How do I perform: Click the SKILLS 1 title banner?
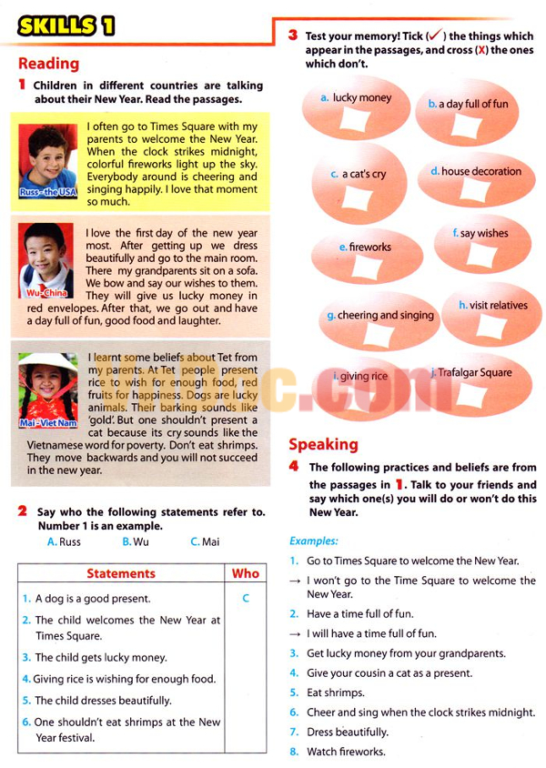(x=66, y=25)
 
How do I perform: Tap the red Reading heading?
(x=48, y=64)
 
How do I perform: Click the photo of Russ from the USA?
(x=48, y=159)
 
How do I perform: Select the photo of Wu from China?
(x=48, y=259)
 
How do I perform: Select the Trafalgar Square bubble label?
(x=474, y=372)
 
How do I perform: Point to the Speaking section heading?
(x=323, y=444)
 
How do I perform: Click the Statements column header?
(x=121, y=573)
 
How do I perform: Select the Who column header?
(x=246, y=573)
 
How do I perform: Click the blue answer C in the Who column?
(x=246, y=599)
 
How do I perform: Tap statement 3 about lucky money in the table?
(x=100, y=657)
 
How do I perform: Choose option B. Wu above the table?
(x=136, y=542)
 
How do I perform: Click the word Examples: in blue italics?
(x=314, y=541)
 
